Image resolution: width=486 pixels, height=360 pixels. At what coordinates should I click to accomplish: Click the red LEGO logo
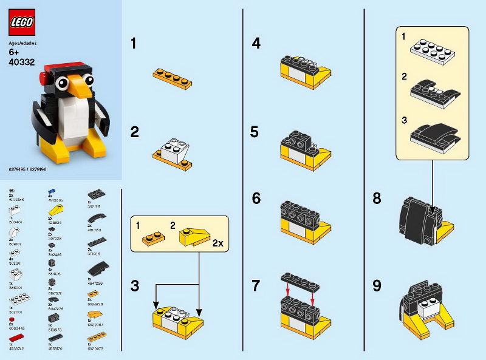tap(21, 22)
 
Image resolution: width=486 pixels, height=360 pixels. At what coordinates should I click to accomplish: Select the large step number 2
tap(135, 132)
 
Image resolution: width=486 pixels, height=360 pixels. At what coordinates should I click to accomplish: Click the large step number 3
tap(135, 285)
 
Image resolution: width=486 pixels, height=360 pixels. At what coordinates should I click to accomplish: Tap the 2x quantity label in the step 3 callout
tap(218, 242)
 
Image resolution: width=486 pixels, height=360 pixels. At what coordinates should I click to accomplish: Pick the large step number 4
tap(256, 44)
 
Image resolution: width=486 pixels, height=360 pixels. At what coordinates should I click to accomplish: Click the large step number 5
tap(256, 132)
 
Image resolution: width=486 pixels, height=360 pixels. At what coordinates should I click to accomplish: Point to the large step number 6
tap(256, 198)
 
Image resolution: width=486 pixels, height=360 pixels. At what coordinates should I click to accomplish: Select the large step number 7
tap(256, 285)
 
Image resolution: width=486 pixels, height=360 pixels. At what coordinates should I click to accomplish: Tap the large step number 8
tap(377, 198)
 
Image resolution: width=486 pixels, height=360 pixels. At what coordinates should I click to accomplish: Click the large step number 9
tap(377, 285)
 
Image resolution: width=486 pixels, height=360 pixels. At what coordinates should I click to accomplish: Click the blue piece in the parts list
tap(52, 191)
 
